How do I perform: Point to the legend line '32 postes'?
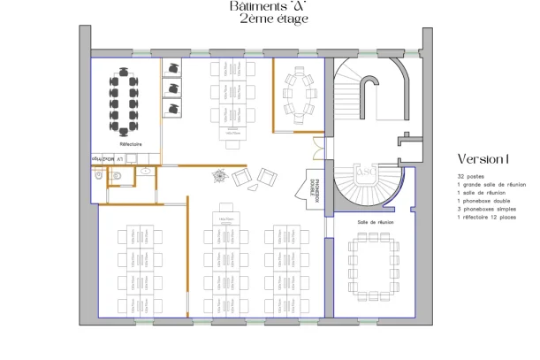(x=469, y=177)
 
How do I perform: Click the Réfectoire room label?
(x=131, y=142)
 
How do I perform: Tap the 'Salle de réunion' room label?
(x=375, y=222)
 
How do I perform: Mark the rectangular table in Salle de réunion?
(x=374, y=264)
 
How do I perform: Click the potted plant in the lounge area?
(x=219, y=176)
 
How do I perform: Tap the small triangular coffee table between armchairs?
(x=253, y=186)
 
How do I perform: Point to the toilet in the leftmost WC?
(x=99, y=176)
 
